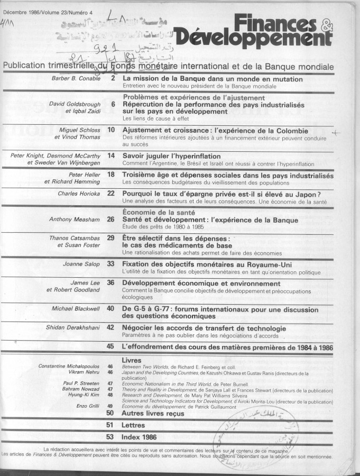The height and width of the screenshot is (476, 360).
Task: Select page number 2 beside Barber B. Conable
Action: click(113, 78)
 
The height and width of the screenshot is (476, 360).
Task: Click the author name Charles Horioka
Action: click(79, 194)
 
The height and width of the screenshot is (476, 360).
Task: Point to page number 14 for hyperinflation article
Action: click(111, 155)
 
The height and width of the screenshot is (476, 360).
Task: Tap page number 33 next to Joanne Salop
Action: click(111, 263)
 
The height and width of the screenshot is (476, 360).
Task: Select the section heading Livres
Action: click(132, 359)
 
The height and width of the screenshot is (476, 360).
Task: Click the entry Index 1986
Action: click(139, 437)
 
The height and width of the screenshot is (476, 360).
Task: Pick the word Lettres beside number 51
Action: click(134, 425)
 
